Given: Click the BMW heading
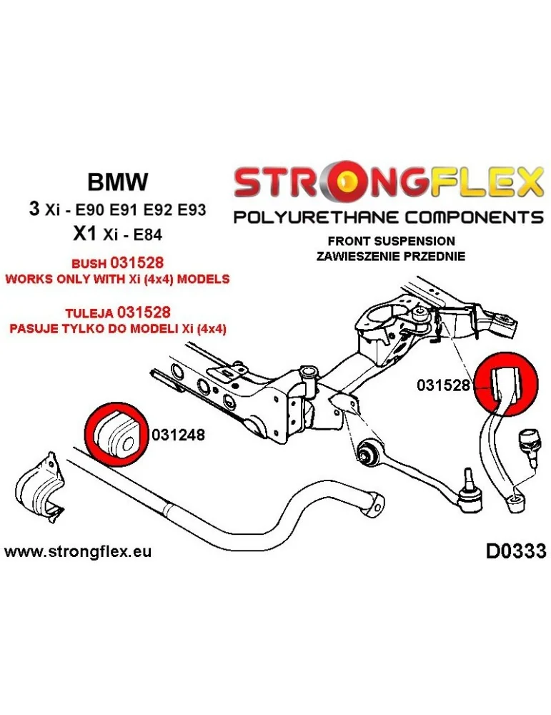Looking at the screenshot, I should [x=117, y=182].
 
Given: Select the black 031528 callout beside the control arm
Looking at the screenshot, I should [x=443, y=385].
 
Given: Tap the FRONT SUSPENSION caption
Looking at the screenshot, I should [x=391, y=241].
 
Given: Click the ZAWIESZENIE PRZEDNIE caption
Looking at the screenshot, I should [x=391, y=255].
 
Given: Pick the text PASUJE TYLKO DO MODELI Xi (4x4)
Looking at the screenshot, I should [x=117, y=327].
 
